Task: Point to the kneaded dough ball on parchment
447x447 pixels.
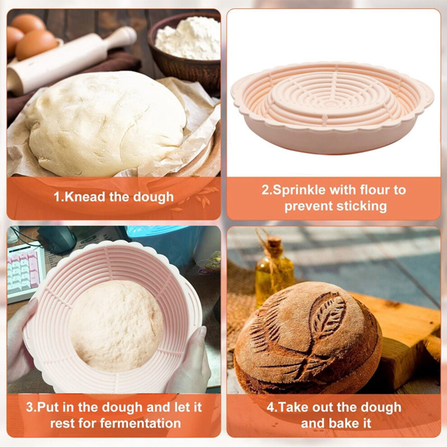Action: point(106,122)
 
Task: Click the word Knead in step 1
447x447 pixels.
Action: point(85,197)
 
